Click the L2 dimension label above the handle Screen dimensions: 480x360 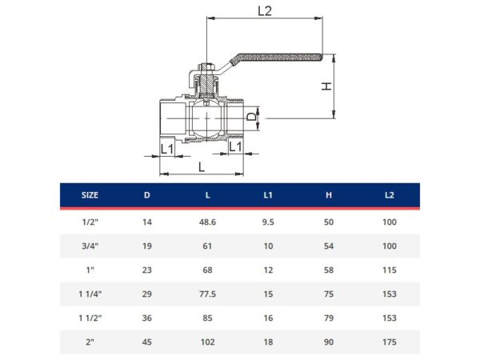(265, 11)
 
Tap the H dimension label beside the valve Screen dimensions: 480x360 (326, 86)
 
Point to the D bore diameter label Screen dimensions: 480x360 (252, 116)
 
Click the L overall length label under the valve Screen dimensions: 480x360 (201, 167)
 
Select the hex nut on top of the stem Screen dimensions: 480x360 (206, 67)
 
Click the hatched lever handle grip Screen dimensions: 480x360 (279, 58)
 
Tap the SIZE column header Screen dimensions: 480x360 (90, 195)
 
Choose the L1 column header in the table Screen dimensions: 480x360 (268, 195)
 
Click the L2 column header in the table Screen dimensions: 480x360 (390, 195)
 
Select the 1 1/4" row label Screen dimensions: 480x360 (90, 294)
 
